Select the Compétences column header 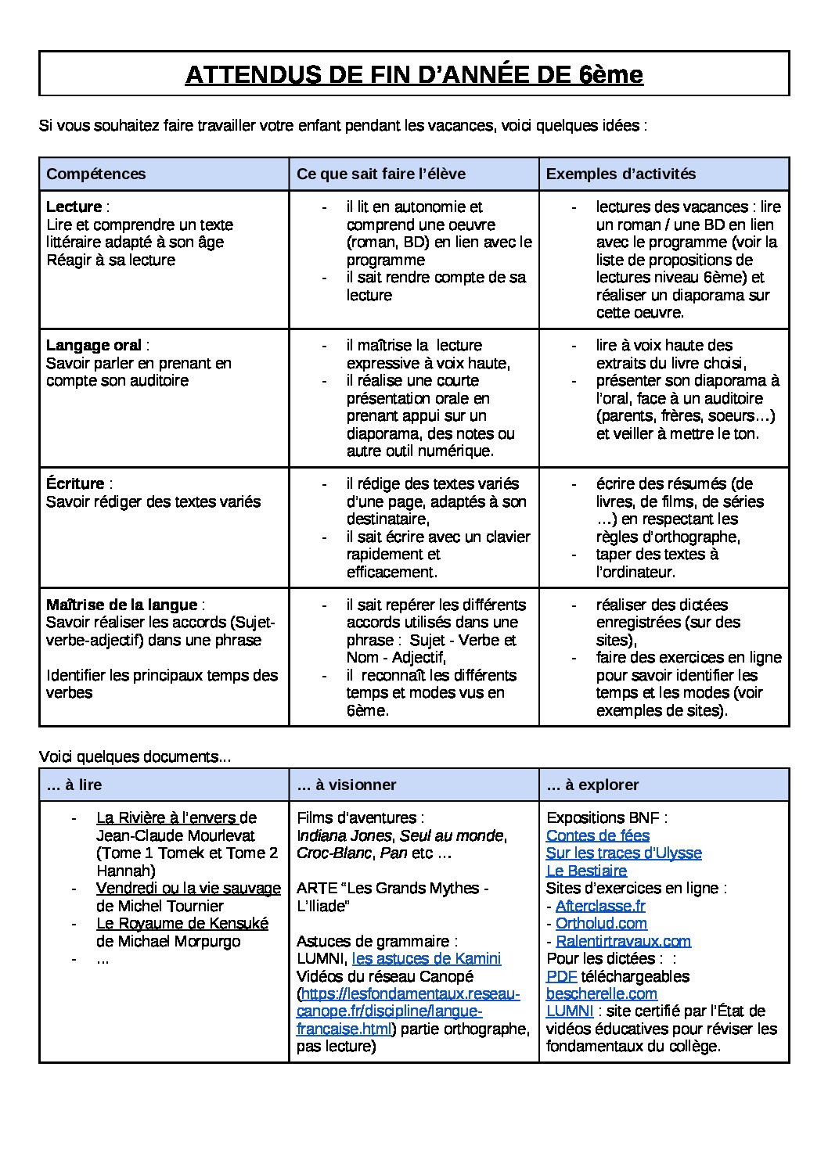tap(96, 174)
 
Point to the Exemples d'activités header tap(621, 174)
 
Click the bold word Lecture tap(74, 207)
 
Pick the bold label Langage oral tap(94, 346)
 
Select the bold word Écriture tap(75, 484)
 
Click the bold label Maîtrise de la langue tap(122, 605)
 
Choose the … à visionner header tap(347, 785)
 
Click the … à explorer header tap(592, 785)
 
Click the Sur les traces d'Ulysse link tap(624, 853)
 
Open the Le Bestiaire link tap(586, 871)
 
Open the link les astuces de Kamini tap(427, 959)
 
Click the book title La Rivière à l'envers tap(167, 818)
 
